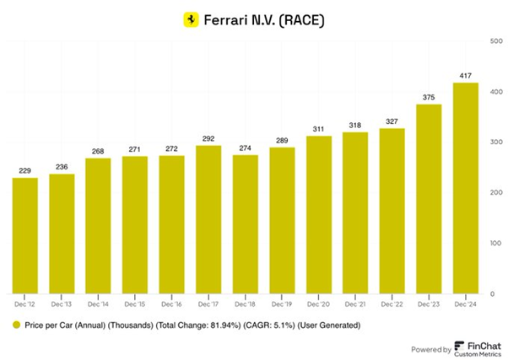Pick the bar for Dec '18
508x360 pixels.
coord(246,223)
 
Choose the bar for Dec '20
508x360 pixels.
coord(318,214)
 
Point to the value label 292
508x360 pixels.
coord(208,137)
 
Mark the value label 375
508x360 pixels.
coord(429,95)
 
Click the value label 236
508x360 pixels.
coord(62,166)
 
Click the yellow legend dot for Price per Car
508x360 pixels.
coord(16,325)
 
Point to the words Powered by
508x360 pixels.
coord(430,347)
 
